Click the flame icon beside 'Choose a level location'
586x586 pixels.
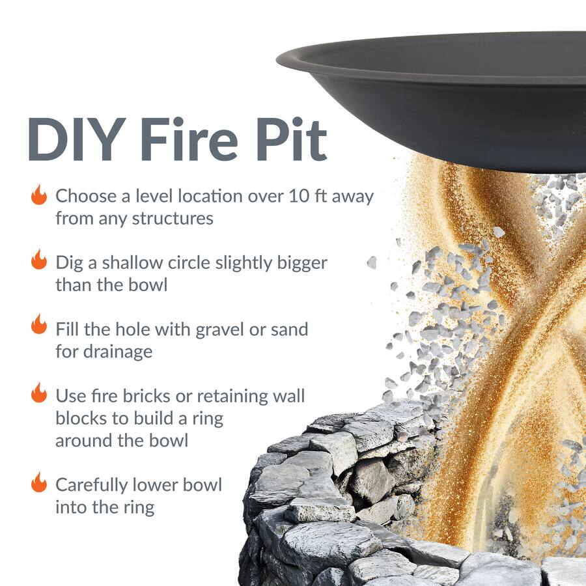(x=39, y=195)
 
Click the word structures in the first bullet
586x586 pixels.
(x=173, y=218)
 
